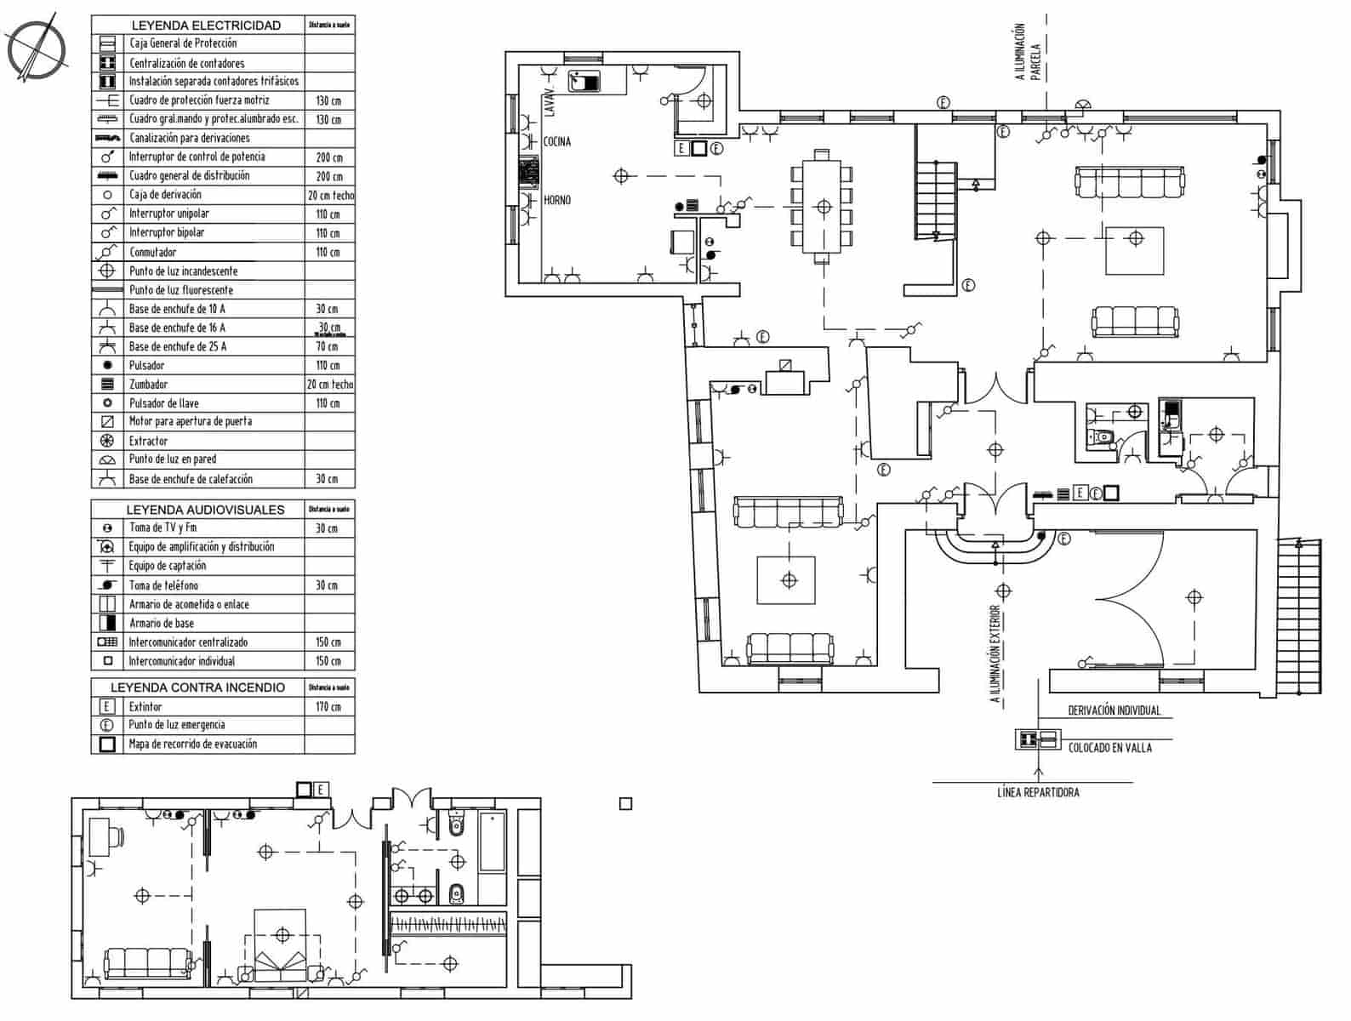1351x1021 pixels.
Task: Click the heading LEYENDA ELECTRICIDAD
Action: pyautogui.click(x=206, y=26)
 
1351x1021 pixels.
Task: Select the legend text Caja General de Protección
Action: pyautogui.click(x=183, y=43)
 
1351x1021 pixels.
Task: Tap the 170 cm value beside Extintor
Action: pyautogui.click(x=328, y=707)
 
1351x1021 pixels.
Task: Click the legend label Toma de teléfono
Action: pyautogui.click(x=163, y=585)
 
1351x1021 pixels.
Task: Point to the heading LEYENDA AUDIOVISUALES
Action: pyautogui.click(x=205, y=510)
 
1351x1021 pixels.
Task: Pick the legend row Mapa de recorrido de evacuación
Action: pyautogui.click(x=192, y=744)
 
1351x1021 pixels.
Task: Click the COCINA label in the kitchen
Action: pyautogui.click(x=557, y=141)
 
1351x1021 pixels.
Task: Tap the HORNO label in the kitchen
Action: pyautogui.click(x=557, y=200)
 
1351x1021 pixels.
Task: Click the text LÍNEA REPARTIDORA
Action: pyautogui.click(x=1038, y=793)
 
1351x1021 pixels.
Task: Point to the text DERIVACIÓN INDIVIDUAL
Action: pyautogui.click(x=1114, y=711)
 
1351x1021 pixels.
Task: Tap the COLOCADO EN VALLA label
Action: pyautogui.click(x=1109, y=748)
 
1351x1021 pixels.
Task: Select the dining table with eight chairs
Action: pyautogui.click(x=823, y=207)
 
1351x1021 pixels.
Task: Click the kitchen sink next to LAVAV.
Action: pyautogui.click(x=584, y=82)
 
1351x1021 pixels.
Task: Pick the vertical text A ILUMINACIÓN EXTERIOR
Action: pyautogui.click(x=995, y=653)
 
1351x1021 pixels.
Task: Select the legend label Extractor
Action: pyautogui.click(x=148, y=441)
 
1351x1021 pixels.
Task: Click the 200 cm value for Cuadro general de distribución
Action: pyautogui.click(x=328, y=176)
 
